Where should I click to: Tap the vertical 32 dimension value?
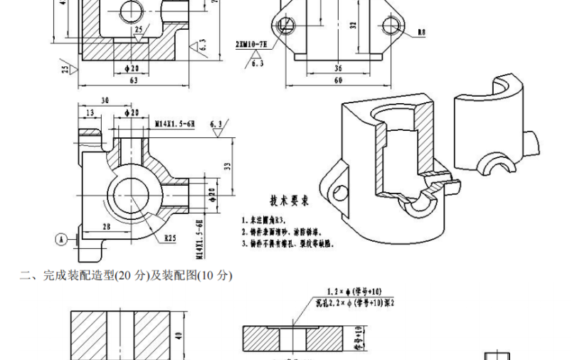click(353, 25)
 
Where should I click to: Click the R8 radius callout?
click(421, 33)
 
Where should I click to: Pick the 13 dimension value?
click(89, 113)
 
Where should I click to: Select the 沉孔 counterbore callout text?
click(352, 302)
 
